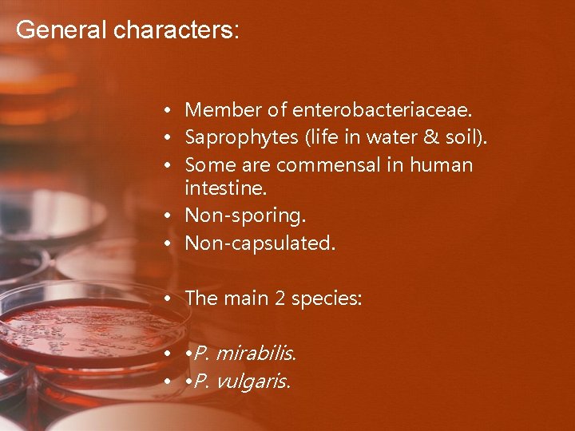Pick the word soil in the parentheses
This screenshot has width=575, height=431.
click(x=458, y=138)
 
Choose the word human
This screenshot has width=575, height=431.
click(x=441, y=165)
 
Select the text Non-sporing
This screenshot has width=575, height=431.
click(x=245, y=216)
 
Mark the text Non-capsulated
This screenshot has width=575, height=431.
click(x=260, y=243)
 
